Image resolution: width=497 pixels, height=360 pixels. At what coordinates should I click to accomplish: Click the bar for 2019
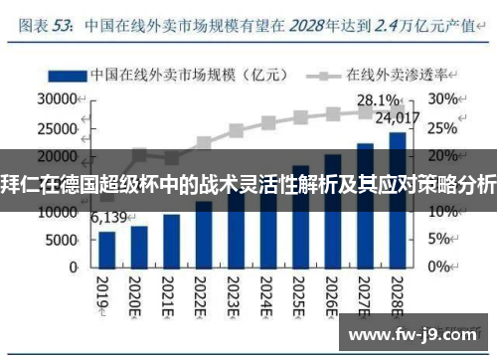(107, 250)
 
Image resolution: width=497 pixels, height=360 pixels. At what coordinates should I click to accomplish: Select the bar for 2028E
(397, 200)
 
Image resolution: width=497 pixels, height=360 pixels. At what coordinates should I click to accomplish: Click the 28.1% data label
(379, 100)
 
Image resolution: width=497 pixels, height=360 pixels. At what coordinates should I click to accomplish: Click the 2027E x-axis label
(365, 293)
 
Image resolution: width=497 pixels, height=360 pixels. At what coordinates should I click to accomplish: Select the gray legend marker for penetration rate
(324, 75)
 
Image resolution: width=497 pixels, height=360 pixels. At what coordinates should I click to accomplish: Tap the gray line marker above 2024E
(268, 123)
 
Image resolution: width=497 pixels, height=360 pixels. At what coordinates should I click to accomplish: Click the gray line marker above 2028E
(397, 109)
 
